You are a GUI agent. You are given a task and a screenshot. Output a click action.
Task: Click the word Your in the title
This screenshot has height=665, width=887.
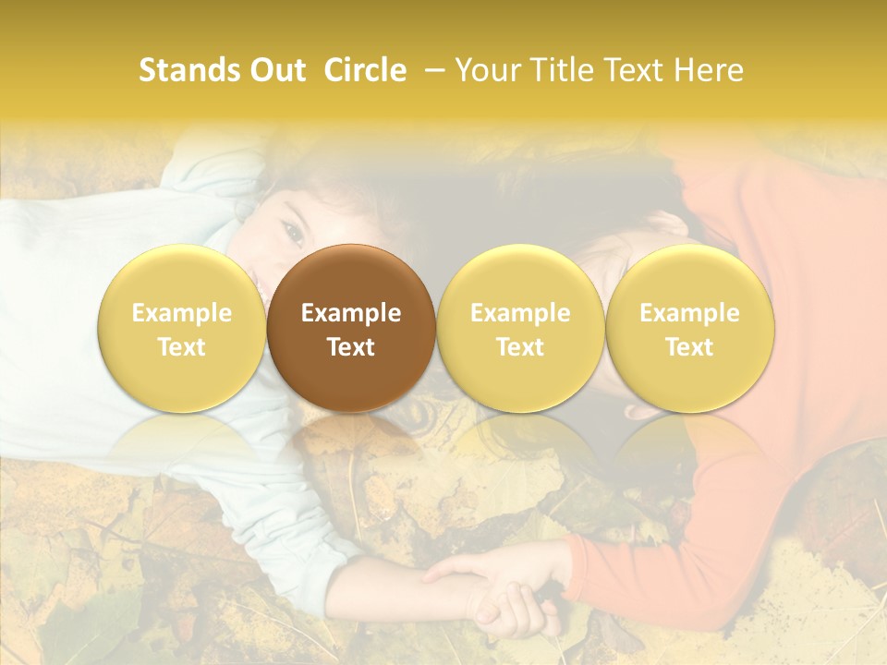coord(489,70)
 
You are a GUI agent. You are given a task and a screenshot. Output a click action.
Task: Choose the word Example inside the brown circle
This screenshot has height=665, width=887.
coord(351,313)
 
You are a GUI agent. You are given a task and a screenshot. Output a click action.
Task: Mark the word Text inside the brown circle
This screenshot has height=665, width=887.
coord(351,347)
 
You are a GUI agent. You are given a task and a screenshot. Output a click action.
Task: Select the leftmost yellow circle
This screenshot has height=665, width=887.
coord(182,328)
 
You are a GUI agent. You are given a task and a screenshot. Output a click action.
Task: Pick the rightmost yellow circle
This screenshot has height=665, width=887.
coord(690,328)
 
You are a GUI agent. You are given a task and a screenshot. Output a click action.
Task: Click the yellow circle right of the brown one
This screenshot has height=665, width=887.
coord(520,328)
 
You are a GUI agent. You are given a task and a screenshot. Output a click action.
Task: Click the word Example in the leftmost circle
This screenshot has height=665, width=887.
coord(182,313)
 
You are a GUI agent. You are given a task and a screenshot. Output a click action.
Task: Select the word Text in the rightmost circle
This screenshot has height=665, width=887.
coord(690,347)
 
